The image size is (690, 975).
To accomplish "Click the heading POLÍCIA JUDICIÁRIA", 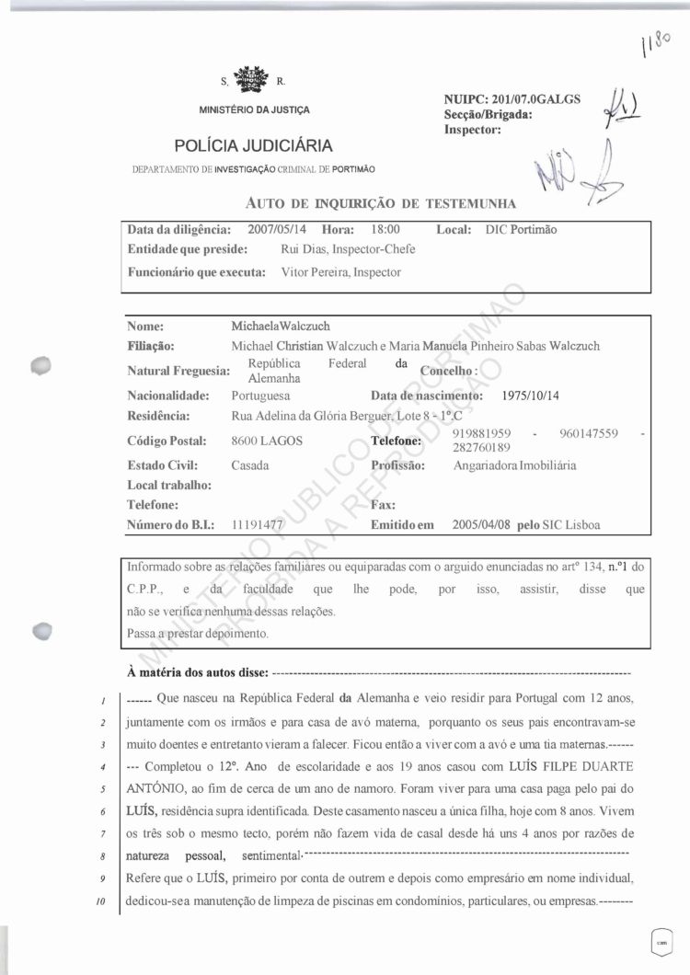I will tap(253, 145).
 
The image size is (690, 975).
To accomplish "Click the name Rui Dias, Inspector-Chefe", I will tap(347, 249).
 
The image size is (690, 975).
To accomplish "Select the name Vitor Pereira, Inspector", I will tap(340, 272).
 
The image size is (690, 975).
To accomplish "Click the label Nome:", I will tap(145, 326).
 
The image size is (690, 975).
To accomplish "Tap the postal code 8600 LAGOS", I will tap(267, 441).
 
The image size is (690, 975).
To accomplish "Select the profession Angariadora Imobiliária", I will tap(514, 465).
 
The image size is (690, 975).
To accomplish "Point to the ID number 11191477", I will tap(257, 525).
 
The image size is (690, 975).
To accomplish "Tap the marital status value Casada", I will tap(250, 465).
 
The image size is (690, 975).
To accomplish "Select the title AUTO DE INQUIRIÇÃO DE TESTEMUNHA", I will tap(382, 202).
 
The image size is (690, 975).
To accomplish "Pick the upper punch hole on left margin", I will tap(40, 366).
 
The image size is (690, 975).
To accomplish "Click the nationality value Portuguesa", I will tap(260, 395).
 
